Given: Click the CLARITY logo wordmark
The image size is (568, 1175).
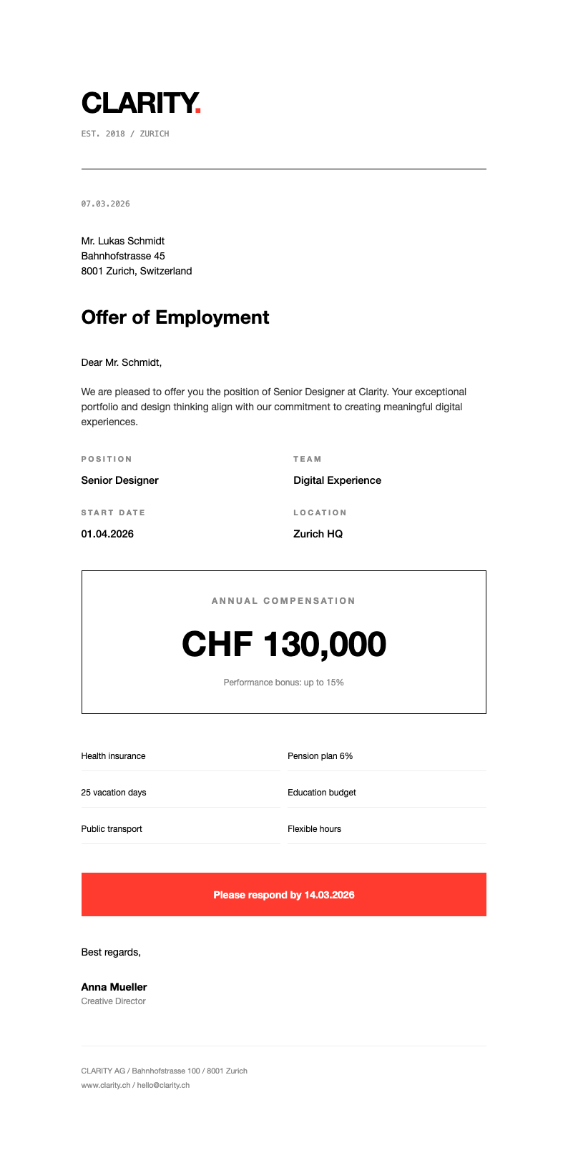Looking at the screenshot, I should coord(138,103).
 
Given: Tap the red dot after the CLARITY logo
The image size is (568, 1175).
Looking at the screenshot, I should coord(198,111).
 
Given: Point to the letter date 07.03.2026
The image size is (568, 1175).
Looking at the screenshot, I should coord(106,204).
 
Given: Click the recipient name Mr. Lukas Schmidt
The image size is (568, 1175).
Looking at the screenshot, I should coord(123,241).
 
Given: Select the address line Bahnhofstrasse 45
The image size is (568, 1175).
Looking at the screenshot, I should coord(123,256).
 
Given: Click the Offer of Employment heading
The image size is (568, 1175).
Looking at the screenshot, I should coord(175,317).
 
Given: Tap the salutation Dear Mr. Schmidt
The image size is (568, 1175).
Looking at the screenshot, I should coord(122,362).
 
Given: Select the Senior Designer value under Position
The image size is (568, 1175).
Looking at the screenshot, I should coord(119,480).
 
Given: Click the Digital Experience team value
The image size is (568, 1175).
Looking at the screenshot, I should coord(337,480).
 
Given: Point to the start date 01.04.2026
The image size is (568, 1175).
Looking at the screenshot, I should coord(107,534).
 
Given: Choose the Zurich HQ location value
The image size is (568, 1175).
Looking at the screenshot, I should coord(318,534).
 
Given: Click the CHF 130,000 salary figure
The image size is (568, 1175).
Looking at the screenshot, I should coord(284,644).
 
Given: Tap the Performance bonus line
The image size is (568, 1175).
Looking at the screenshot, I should coord(284,683).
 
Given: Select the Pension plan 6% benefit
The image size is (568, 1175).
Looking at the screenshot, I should coord(320,756).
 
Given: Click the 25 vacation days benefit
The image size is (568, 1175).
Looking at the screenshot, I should coord(114,793).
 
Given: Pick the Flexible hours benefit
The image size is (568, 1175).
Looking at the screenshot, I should coord(314,829).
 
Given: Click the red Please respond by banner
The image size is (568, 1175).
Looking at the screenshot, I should coord(284,895).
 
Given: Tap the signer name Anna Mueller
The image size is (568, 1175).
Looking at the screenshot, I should coord(114,987).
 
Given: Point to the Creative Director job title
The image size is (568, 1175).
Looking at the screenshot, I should coord(113,1001).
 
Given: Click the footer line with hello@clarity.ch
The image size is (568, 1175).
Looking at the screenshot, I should coord(135,1085).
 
